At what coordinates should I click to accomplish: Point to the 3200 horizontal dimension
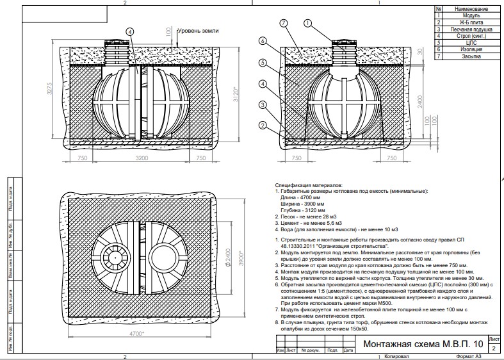tap(141, 157)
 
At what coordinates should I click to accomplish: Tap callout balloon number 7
tap(284, 24)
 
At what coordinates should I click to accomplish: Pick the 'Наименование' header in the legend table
tap(472, 10)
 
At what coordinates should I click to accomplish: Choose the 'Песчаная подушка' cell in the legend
tap(472, 29)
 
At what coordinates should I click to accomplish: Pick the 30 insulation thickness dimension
tap(418, 53)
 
